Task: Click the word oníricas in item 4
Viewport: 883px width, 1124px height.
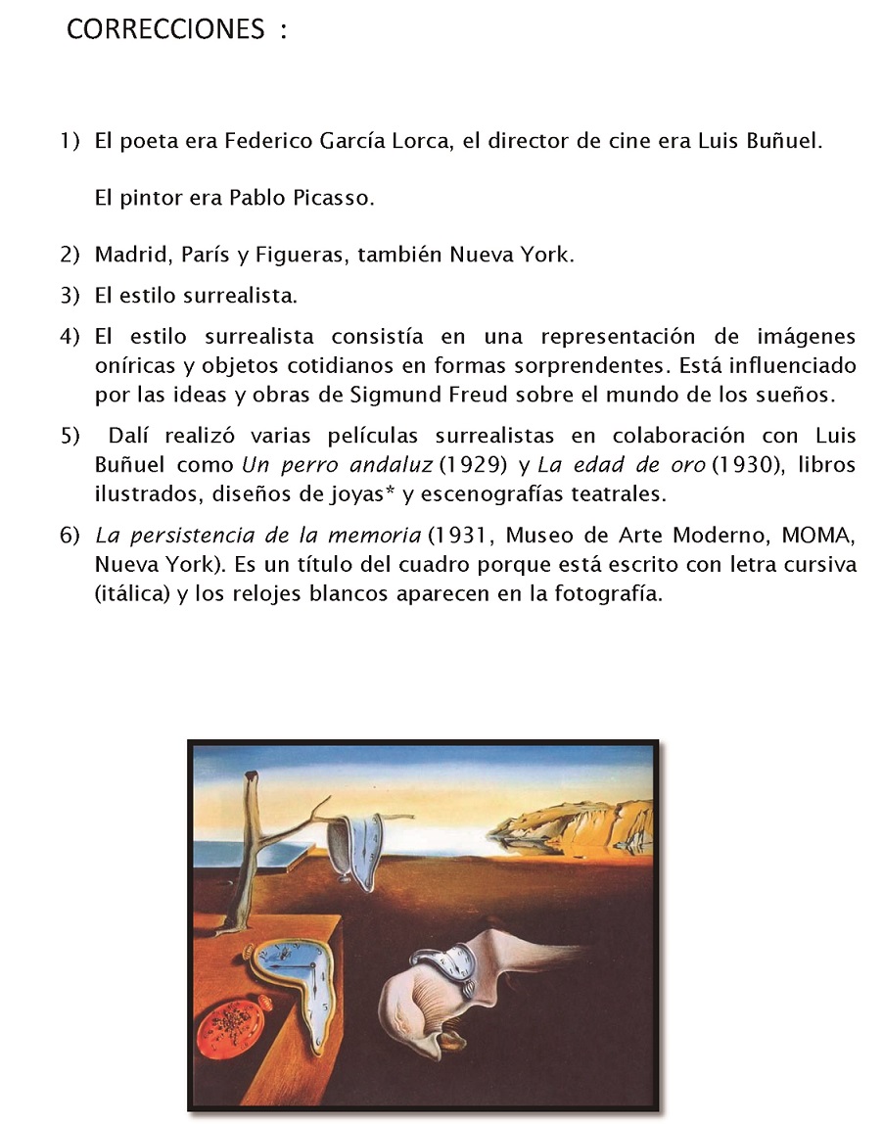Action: (132, 366)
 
